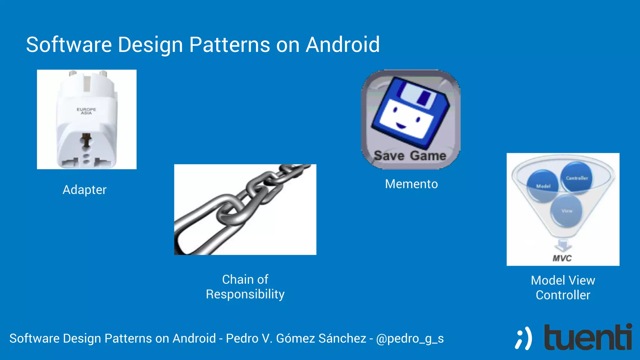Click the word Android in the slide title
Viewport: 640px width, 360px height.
tap(342, 45)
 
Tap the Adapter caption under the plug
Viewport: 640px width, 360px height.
tap(84, 190)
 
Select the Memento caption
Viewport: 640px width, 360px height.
tap(411, 184)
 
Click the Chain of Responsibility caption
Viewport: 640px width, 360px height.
tap(245, 287)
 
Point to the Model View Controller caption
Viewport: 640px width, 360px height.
tap(563, 287)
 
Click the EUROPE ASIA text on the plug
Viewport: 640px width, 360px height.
tap(87, 111)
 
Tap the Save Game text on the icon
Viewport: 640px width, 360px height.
tap(410, 156)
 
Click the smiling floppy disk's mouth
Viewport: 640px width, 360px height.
tap(401, 126)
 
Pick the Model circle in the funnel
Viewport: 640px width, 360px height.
tap(543, 186)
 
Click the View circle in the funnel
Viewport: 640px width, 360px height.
tap(567, 211)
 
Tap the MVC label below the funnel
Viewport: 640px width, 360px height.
tap(562, 258)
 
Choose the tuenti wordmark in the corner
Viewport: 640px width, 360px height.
tap(588, 337)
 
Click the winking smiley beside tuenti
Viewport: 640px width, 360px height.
tap(523, 338)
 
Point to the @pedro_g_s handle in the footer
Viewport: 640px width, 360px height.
tap(410, 338)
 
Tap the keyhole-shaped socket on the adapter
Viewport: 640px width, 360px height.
tap(86, 140)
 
